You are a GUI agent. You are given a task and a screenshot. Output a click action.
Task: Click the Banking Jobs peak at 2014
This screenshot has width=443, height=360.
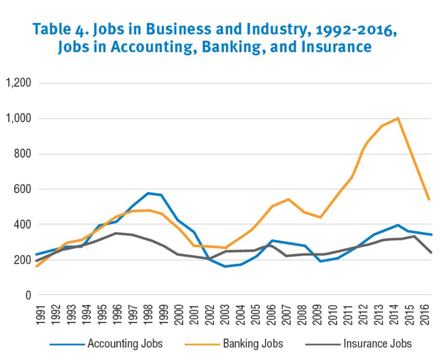(x=398, y=118)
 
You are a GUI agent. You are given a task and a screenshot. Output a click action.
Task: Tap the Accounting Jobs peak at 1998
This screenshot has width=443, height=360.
(x=148, y=193)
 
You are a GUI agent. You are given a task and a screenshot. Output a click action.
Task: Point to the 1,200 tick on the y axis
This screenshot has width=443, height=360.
(x=18, y=83)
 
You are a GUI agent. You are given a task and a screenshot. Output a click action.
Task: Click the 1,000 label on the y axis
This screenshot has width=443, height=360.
(x=18, y=119)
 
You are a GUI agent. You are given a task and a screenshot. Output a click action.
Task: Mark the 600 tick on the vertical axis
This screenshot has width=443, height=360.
(x=23, y=189)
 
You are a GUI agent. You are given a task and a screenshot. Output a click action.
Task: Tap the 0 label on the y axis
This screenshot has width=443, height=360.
(x=28, y=295)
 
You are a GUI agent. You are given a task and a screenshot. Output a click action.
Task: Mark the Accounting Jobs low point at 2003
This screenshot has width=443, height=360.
(x=226, y=266)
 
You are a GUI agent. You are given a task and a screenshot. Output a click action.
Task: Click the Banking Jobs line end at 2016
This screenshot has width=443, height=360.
(x=429, y=199)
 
